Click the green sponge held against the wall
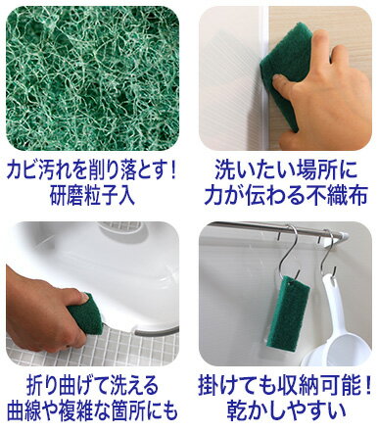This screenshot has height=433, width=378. coord(284,72)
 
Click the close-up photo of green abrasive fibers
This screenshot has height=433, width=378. coord(92,78)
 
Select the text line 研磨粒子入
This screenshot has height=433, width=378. coord(92,196)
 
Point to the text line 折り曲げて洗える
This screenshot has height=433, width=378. coord(92,386)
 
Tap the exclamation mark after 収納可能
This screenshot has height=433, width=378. coord(367,386)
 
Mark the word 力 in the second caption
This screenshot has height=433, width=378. coord(214,196)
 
